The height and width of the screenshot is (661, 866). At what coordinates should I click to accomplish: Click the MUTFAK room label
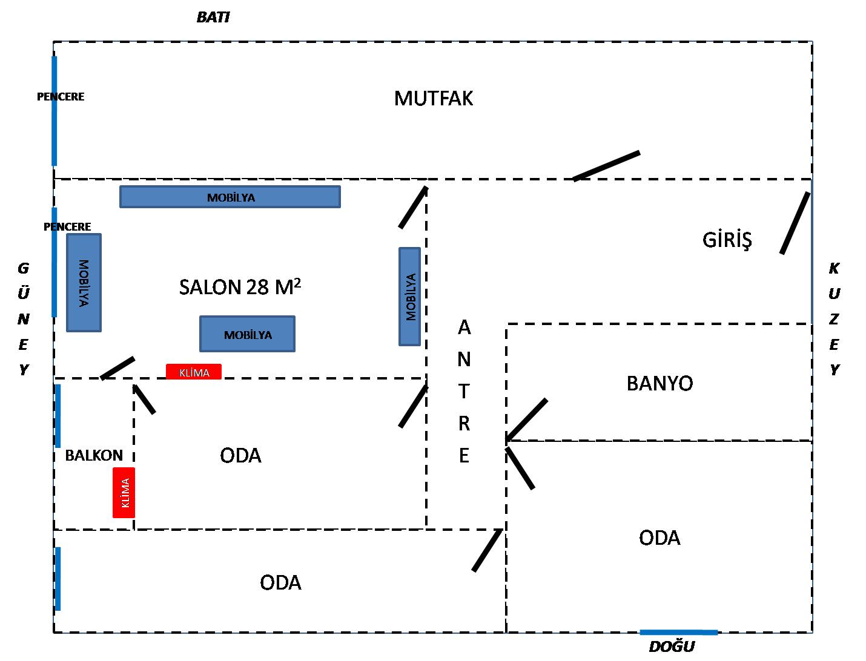433,98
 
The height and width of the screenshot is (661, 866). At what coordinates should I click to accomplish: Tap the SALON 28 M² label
240,287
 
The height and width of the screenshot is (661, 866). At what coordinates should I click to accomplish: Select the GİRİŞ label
727,240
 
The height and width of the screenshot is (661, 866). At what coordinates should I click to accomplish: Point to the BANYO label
659,383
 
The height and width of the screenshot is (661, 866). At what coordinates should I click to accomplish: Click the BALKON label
94,455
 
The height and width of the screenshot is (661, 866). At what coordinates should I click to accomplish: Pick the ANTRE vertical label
464,391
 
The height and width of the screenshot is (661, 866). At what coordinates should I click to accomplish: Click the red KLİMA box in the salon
194,372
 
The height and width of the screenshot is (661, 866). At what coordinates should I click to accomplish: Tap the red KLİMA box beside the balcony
124,493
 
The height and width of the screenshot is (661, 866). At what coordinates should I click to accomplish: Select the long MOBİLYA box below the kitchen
230,197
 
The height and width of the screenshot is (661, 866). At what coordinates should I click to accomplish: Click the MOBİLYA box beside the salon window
84,283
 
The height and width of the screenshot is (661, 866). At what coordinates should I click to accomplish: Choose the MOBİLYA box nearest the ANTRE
410,297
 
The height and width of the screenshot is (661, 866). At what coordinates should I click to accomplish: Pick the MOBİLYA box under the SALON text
247,334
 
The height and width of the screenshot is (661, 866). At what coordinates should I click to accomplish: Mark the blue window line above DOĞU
678,633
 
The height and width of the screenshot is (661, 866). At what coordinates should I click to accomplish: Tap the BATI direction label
213,18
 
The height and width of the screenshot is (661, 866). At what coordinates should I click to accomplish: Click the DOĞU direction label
672,647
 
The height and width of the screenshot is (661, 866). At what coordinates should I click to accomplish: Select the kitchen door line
606,166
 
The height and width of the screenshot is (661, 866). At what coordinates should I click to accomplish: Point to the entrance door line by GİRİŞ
795,223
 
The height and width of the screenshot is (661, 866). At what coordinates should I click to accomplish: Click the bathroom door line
527,419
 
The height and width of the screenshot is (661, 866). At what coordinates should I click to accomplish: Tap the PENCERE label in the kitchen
61,96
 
